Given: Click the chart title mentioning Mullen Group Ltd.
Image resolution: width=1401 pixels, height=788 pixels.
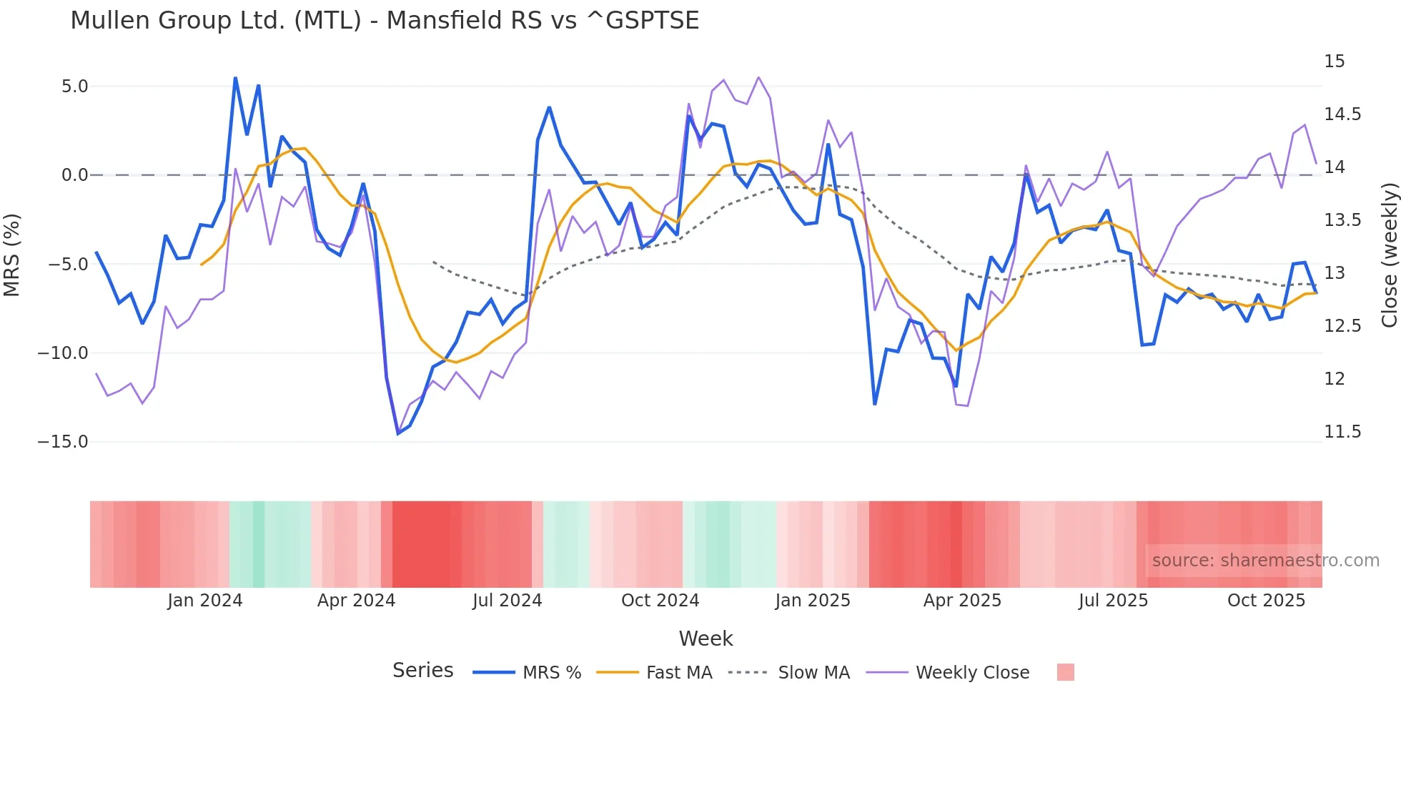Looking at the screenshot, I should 385,21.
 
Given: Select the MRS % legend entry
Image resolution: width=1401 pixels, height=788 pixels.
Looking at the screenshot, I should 551,673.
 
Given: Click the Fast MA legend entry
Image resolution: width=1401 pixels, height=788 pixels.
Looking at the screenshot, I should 678,673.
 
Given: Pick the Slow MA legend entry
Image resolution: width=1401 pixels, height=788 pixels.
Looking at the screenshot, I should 813,673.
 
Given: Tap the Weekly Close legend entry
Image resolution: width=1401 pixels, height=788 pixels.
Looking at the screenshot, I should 972,673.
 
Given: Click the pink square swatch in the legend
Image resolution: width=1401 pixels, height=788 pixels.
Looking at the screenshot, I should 1065,672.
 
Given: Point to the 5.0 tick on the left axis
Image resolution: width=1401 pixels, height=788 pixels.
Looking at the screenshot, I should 74,87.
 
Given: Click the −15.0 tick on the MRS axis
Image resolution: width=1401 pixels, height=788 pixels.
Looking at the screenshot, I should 63,442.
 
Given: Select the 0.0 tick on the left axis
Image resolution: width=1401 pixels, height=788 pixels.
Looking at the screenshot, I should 74,175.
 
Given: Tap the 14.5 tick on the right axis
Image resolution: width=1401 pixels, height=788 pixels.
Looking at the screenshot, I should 1342,114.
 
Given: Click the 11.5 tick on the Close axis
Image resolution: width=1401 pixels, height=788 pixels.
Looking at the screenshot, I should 1342,432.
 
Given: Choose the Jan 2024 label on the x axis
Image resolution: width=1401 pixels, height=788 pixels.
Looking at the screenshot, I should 205,601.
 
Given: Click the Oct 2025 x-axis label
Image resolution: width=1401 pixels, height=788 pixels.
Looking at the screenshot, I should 1266,601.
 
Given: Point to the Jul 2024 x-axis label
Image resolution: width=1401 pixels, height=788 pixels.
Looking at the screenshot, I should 508,601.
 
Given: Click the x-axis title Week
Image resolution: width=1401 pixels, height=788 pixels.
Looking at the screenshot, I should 706,639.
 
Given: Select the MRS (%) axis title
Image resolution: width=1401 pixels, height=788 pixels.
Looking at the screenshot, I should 12,255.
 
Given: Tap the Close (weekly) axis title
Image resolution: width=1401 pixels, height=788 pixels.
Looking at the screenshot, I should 1389,255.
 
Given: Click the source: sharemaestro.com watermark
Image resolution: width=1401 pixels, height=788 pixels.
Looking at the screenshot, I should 1265,561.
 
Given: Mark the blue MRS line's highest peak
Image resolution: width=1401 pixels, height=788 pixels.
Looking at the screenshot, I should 235,78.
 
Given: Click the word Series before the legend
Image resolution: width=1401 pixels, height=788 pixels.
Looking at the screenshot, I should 422,671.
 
